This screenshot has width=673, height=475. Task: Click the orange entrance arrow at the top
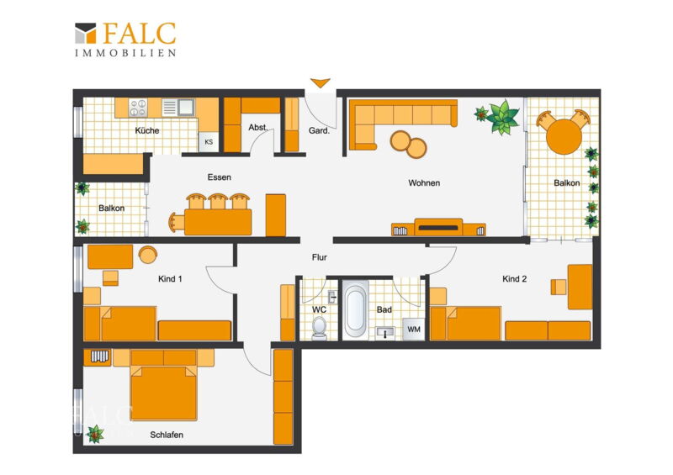[321, 83]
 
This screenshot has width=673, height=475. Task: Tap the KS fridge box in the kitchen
[209, 142]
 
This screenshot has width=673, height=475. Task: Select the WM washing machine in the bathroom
[414, 330]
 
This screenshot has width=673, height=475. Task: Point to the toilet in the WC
[319, 327]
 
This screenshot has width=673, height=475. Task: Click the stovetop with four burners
[138, 108]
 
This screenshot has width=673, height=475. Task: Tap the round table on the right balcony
[564, 136]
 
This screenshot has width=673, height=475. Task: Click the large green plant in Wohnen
[502, 117]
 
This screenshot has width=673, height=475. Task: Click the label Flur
[320, 257]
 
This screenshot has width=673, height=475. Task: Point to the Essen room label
[220, 177]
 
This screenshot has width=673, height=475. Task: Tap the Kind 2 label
[514, 279]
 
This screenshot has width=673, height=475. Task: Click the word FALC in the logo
[140, 34]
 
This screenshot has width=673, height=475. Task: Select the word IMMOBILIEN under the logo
[125, 53]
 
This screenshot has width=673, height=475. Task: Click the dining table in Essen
[218, 222]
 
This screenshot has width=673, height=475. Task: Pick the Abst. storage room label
[258, 128]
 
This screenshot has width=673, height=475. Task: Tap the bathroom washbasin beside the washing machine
[385, 333]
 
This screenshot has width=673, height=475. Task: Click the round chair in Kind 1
[148, 255]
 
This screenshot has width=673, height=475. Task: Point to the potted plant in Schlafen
[95, 435]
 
